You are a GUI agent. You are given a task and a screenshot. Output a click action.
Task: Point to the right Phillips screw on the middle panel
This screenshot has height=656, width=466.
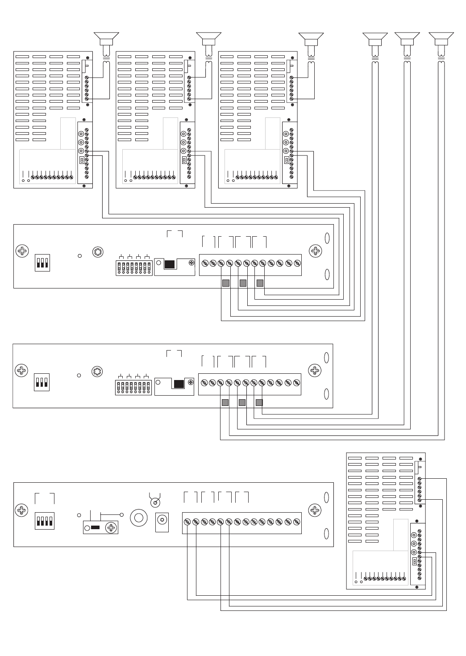315,370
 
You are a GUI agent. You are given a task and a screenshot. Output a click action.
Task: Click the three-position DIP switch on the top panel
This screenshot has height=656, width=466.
42,263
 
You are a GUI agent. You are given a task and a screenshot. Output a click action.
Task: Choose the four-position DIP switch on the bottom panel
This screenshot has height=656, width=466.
44,522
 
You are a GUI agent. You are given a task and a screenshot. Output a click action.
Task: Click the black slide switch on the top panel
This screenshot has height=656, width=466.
169,264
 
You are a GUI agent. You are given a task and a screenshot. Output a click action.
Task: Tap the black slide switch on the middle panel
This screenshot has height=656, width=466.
179,384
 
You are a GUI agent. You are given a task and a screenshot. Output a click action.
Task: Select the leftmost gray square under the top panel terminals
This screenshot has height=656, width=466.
226,283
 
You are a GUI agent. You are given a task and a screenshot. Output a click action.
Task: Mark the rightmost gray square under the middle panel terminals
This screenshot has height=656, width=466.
259,402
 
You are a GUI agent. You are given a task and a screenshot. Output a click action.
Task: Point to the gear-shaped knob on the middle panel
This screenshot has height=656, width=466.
96,372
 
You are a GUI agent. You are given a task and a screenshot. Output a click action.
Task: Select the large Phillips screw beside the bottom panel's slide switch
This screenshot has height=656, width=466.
111,528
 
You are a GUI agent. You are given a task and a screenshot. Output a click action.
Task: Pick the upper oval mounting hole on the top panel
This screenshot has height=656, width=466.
327,238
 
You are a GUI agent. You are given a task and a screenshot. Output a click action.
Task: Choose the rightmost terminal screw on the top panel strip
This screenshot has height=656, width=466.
296,263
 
